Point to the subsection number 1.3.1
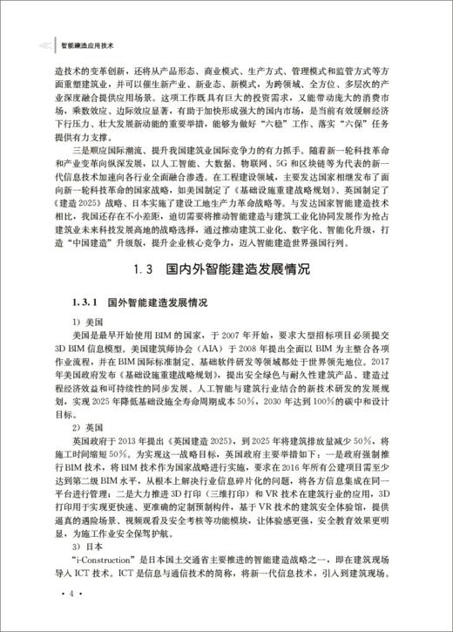pos(86,302)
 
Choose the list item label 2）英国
pos(91,428)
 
